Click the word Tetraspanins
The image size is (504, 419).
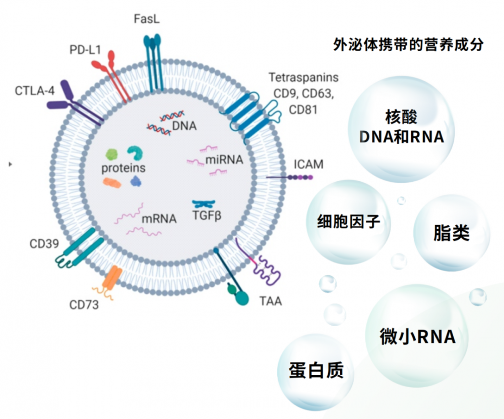coord(303,78)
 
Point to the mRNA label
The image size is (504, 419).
coord(159,219)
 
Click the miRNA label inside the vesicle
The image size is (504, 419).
coord(224,161)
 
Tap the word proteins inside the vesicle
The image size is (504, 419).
coord(123,168)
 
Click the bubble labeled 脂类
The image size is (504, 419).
coord(451,233)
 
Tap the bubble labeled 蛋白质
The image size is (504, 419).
coord(316,370)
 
